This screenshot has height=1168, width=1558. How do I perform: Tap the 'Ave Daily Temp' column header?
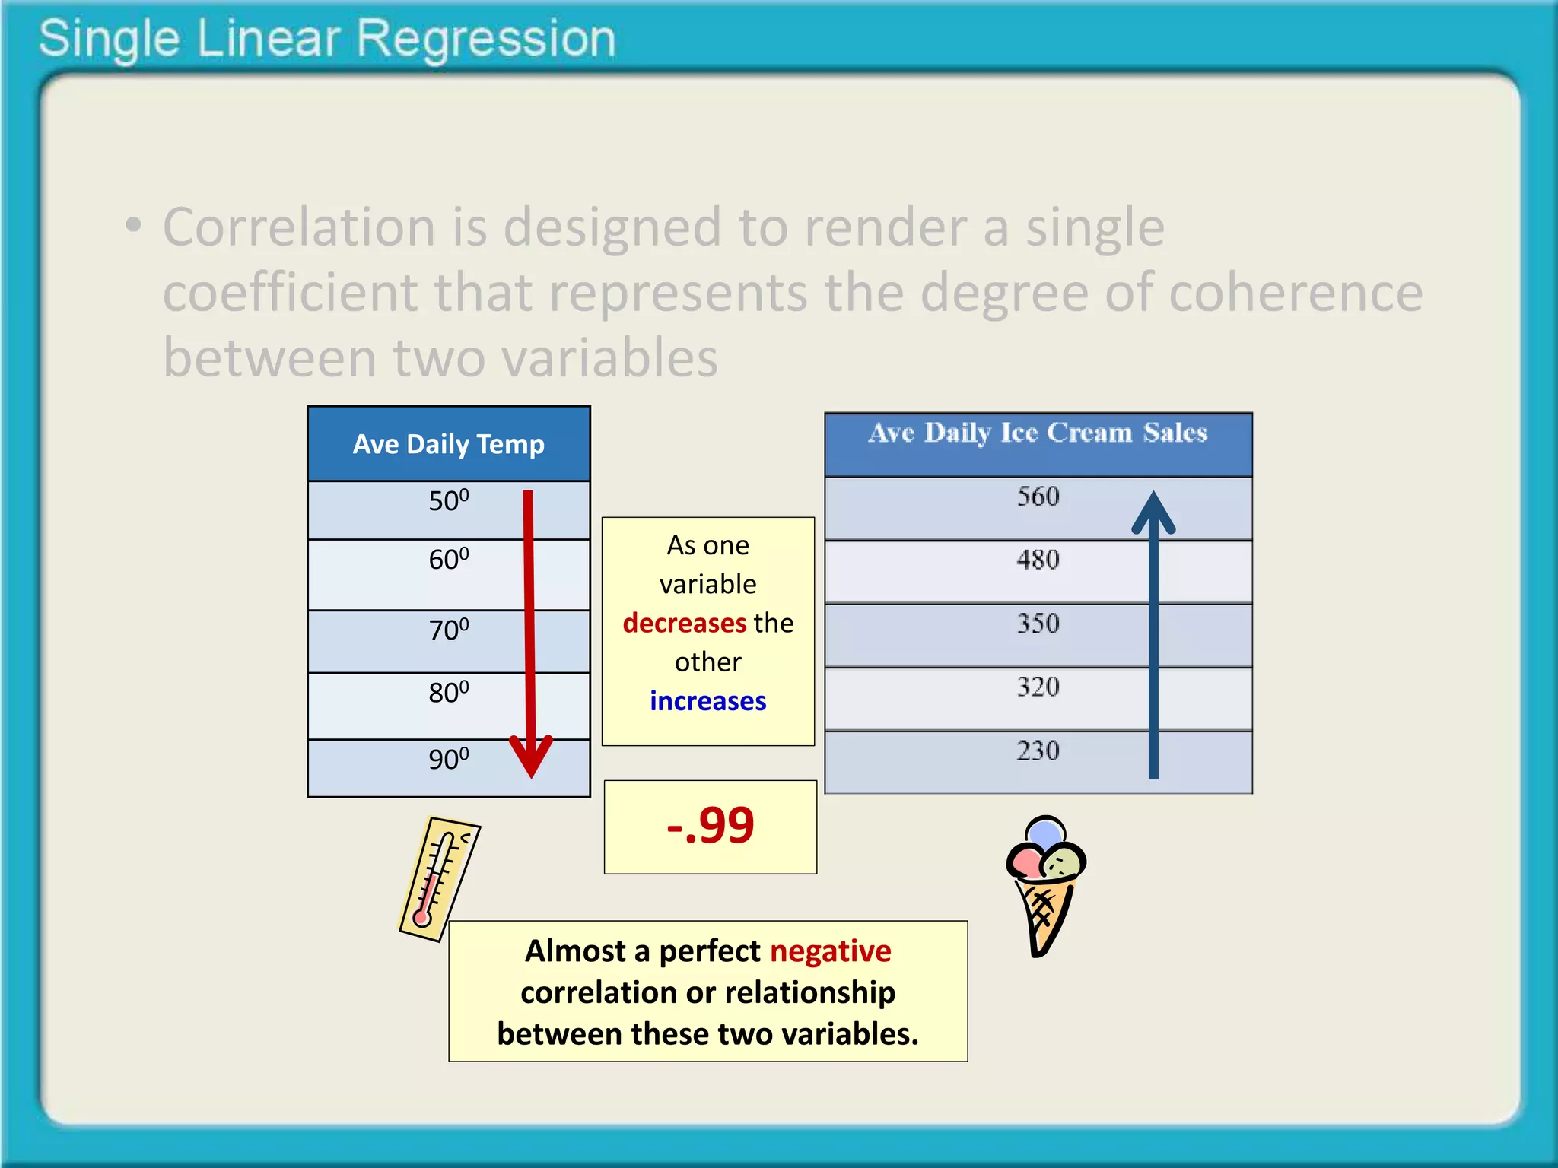(448, 444)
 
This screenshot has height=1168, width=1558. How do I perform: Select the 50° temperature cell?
(448, 501)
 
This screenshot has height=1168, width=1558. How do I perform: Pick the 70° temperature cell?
(448, 630)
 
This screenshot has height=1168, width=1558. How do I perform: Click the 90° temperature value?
(448, 759)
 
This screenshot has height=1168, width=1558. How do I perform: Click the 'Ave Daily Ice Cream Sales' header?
(1038, 433)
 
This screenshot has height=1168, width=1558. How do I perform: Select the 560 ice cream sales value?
(1038, 497)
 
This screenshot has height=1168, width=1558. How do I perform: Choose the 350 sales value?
(1038, 624)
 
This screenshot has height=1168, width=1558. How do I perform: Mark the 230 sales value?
(1038, 751)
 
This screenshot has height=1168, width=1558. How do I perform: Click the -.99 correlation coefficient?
(710, 826)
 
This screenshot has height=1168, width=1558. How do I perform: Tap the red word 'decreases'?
(684, 623)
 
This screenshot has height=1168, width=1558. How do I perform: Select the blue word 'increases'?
(707, 701)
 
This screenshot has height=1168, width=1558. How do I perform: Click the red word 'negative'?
(830, 951)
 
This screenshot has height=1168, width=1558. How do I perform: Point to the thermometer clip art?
(438, 879)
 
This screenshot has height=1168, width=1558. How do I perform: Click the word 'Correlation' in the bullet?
(298, 227)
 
